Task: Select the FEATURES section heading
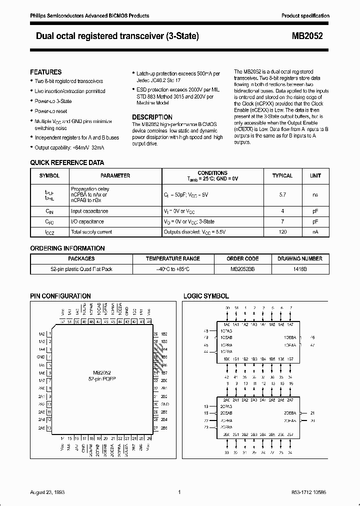coord(46,72)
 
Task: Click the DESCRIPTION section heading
coord(152,117)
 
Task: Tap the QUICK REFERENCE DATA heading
coord(67,162)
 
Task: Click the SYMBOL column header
coord(49,176)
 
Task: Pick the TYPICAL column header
coord(282,176)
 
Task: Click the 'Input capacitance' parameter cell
coord(89,211)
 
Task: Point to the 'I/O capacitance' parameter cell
coord(88,221)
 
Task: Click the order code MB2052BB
coord(242,269)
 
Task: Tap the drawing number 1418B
coord(300,269)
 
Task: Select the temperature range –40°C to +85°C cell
coord(172,269)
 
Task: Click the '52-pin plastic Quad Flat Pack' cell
coord(81,269)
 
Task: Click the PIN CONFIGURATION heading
coord(60,296)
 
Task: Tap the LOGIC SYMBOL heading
coord(206,296)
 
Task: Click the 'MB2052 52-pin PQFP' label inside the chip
coord(101,375)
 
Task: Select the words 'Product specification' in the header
coord(305,16)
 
